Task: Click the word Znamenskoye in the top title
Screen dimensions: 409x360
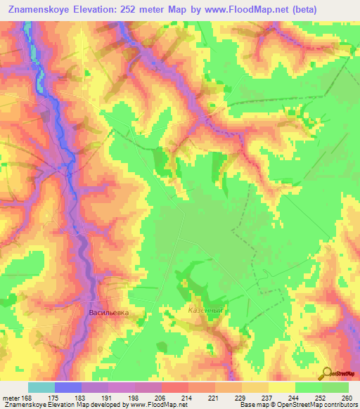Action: point(44,10)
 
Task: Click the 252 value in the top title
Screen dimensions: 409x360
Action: point(122,10)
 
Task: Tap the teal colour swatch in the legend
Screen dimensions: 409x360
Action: point(41,387)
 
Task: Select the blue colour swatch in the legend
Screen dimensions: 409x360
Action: point(68,387)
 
